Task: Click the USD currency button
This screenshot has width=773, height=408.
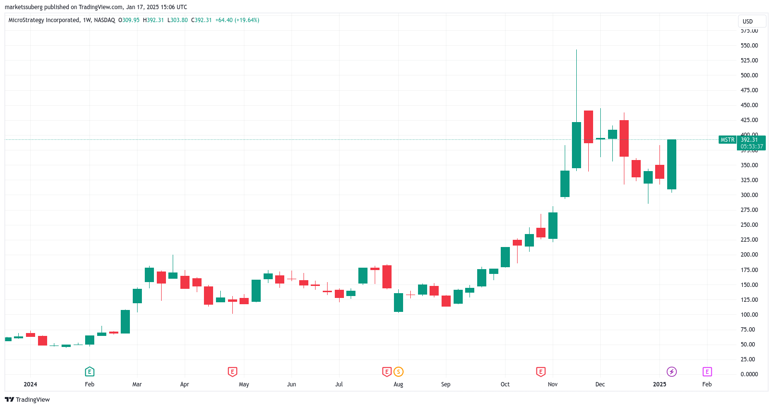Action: click(752, 21)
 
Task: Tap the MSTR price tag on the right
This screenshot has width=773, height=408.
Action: click(727, 140)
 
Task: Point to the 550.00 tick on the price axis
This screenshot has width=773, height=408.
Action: click(749, 46)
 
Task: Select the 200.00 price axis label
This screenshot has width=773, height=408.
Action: click(749, 255)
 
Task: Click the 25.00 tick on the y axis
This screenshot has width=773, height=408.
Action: click(748, 359)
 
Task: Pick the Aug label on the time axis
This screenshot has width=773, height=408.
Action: click(398, 384)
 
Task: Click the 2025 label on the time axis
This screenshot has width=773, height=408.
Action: click(659, 384)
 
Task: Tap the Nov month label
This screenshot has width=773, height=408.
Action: click(553, 384)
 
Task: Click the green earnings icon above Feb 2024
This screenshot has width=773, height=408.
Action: click(89, 371)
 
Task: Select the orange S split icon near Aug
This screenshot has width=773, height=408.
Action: click(398, 371)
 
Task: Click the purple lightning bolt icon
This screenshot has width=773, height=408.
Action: click(672, 371)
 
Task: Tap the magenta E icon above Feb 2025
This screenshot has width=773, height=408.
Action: click(707, 371)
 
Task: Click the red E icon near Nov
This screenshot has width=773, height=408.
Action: click(541, 371)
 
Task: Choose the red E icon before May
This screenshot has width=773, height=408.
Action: click(232, 371)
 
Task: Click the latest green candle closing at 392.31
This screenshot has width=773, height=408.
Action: click(672, 164)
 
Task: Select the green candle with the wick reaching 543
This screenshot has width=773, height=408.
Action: click(576, 145)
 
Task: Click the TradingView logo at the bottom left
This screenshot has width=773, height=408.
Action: click(27, 400)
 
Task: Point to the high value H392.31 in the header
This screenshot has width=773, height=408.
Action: click(153, 20)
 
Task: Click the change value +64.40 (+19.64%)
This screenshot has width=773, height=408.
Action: click(237, 20)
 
